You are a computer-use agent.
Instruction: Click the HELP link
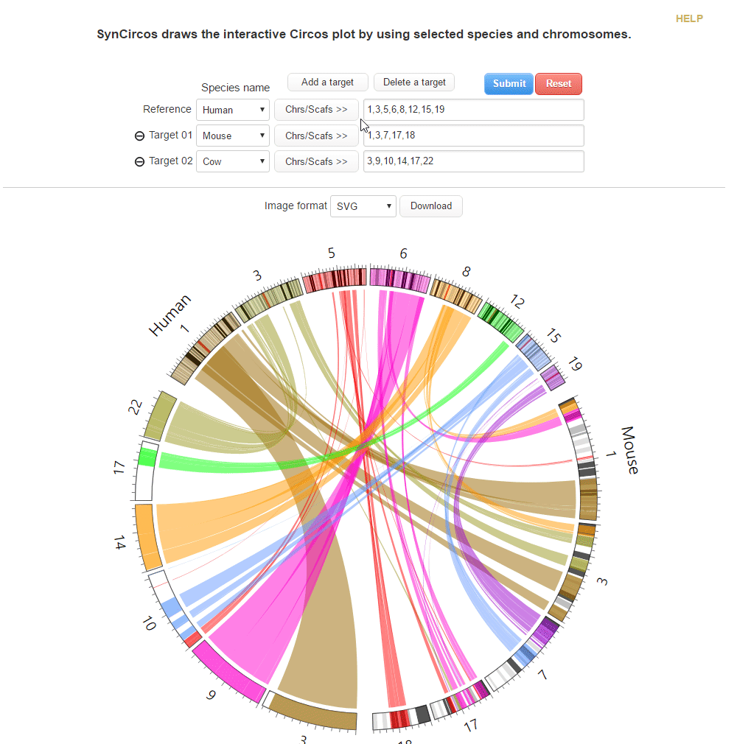[x=689, y=18]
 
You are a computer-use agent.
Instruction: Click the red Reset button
[x=558, y=83]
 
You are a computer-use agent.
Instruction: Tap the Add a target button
[x=327, y=82]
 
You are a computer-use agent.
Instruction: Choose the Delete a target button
[x=414, y=82]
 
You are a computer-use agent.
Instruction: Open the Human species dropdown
[x=233, y=110]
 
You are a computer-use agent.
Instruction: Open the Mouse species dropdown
[x=233, y=136]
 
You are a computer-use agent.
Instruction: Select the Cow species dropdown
[x=233, y=161]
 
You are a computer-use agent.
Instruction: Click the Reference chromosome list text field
[x=473, y=110]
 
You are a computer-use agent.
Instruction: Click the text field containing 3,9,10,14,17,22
[x=473, y=161]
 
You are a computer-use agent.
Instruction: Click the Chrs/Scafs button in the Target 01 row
[x=316, y=136]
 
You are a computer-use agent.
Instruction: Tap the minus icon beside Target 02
[x=139, y=162]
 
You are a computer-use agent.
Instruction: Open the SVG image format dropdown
[x=363, y=206]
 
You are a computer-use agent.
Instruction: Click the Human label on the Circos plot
[x=170, y=315]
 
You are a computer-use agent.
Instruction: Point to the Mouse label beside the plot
[x=629, y=449]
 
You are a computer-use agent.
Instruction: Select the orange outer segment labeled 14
[x=147, y=536]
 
